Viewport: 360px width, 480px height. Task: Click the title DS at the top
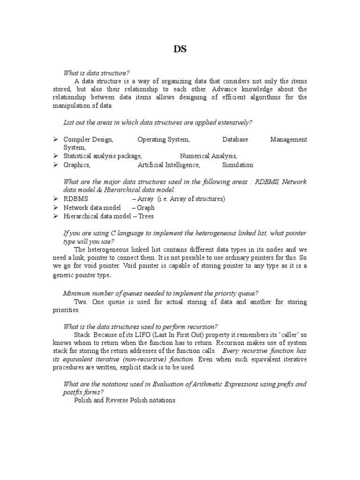(x=180, y=49)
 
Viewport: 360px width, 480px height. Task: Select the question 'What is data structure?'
(x=96, y=73)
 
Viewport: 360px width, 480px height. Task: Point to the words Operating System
(x=164, y=140)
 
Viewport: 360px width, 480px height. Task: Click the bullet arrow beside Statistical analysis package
(x=55, y=156)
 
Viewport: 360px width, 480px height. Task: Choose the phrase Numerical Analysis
(x=209, y=156)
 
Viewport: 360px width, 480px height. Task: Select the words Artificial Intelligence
(x=169, y=165)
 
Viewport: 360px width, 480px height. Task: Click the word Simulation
(x=238, y=165)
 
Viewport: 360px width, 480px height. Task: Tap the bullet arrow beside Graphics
(x=55, y=165)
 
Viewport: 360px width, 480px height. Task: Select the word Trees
(x=146, y=216)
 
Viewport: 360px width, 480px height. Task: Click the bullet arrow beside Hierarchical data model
(x=55, y=216)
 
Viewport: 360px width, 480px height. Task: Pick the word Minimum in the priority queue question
(x=76, y=293)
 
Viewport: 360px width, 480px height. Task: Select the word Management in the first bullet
(x=289, y=140)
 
